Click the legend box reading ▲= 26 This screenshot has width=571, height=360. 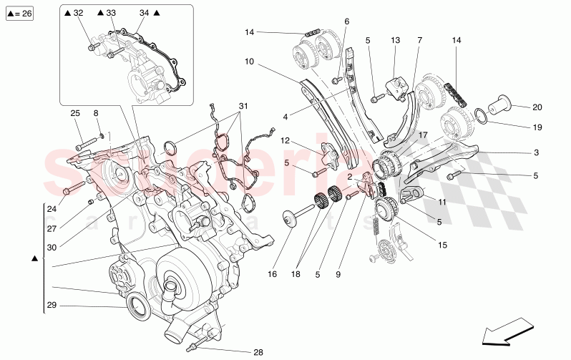tap(21, 14)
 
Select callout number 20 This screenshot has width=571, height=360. tap(537, 107)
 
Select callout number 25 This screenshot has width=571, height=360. tap(74, 113)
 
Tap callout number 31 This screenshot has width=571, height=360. tap(244, 107)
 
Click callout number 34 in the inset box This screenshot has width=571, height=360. tap(144, 13)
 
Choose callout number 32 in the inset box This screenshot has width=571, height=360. tap(78, 13)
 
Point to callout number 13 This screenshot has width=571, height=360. tap(394, 40)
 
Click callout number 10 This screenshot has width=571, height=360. tap(249, 62)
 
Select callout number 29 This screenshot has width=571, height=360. tap(51, 306)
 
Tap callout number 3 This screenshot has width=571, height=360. tap(536, 152)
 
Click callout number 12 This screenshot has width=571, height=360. tap(284, 140)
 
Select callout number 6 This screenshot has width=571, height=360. tap(346, 21)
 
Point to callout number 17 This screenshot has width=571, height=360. tap(422, 135)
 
